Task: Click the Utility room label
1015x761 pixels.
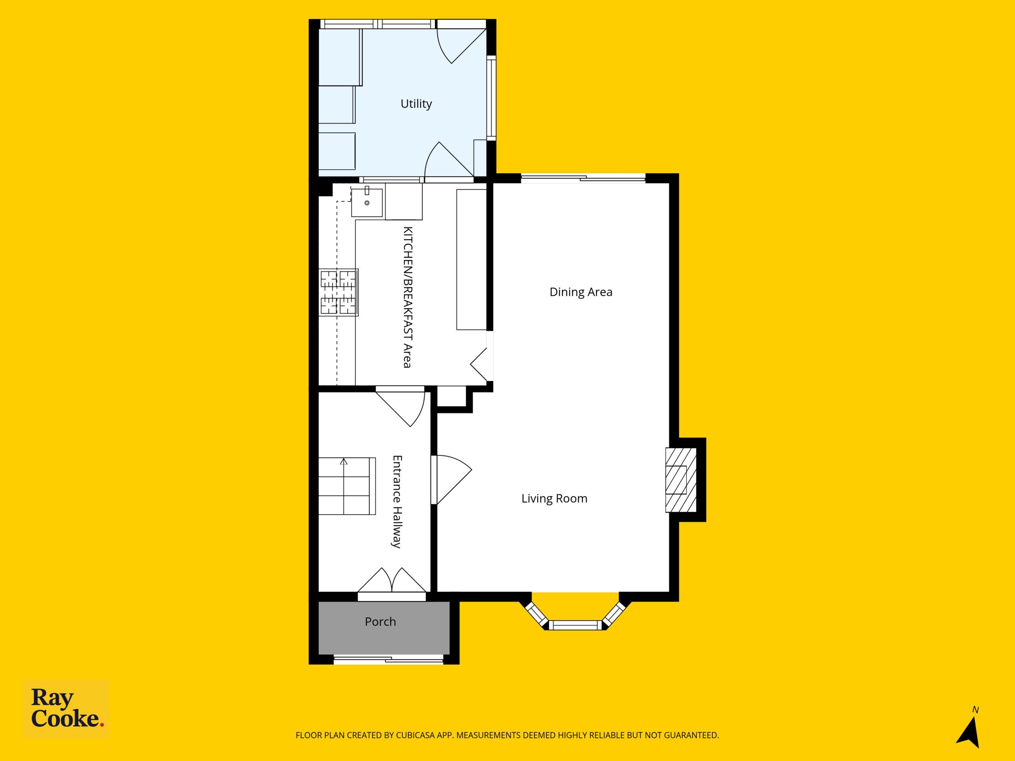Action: tap(416, 104)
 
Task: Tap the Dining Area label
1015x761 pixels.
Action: tap(581, 292)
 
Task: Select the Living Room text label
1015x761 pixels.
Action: tap(554, 499)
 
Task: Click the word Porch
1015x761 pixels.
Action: tap(380, 621)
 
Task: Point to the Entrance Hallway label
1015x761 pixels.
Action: tap(397, 501)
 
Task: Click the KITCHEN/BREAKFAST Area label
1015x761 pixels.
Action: tap(408, 297)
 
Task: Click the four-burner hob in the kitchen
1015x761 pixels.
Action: tap(339, 293)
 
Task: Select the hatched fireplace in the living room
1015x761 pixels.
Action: tap(681, 480)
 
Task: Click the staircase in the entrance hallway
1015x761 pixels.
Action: tap(347, 486)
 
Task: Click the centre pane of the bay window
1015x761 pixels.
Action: tap(575, 625)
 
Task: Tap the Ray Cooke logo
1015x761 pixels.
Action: tap(66, 709)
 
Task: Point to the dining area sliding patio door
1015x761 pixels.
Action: tap(583, 178)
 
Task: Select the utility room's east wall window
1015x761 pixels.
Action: tap(491, 98)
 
